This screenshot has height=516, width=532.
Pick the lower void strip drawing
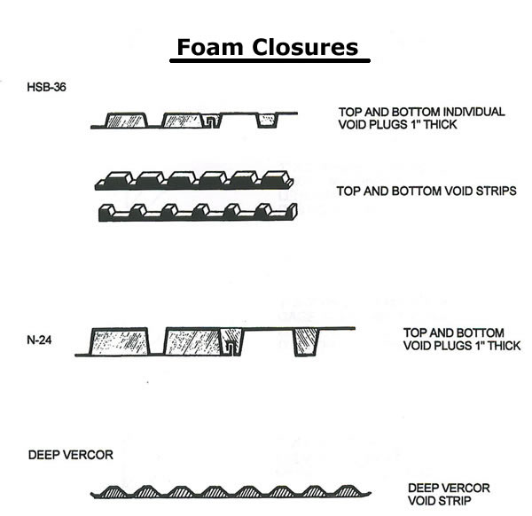(x=195, y=212)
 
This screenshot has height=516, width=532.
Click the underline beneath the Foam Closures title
(x=269, y=62)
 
